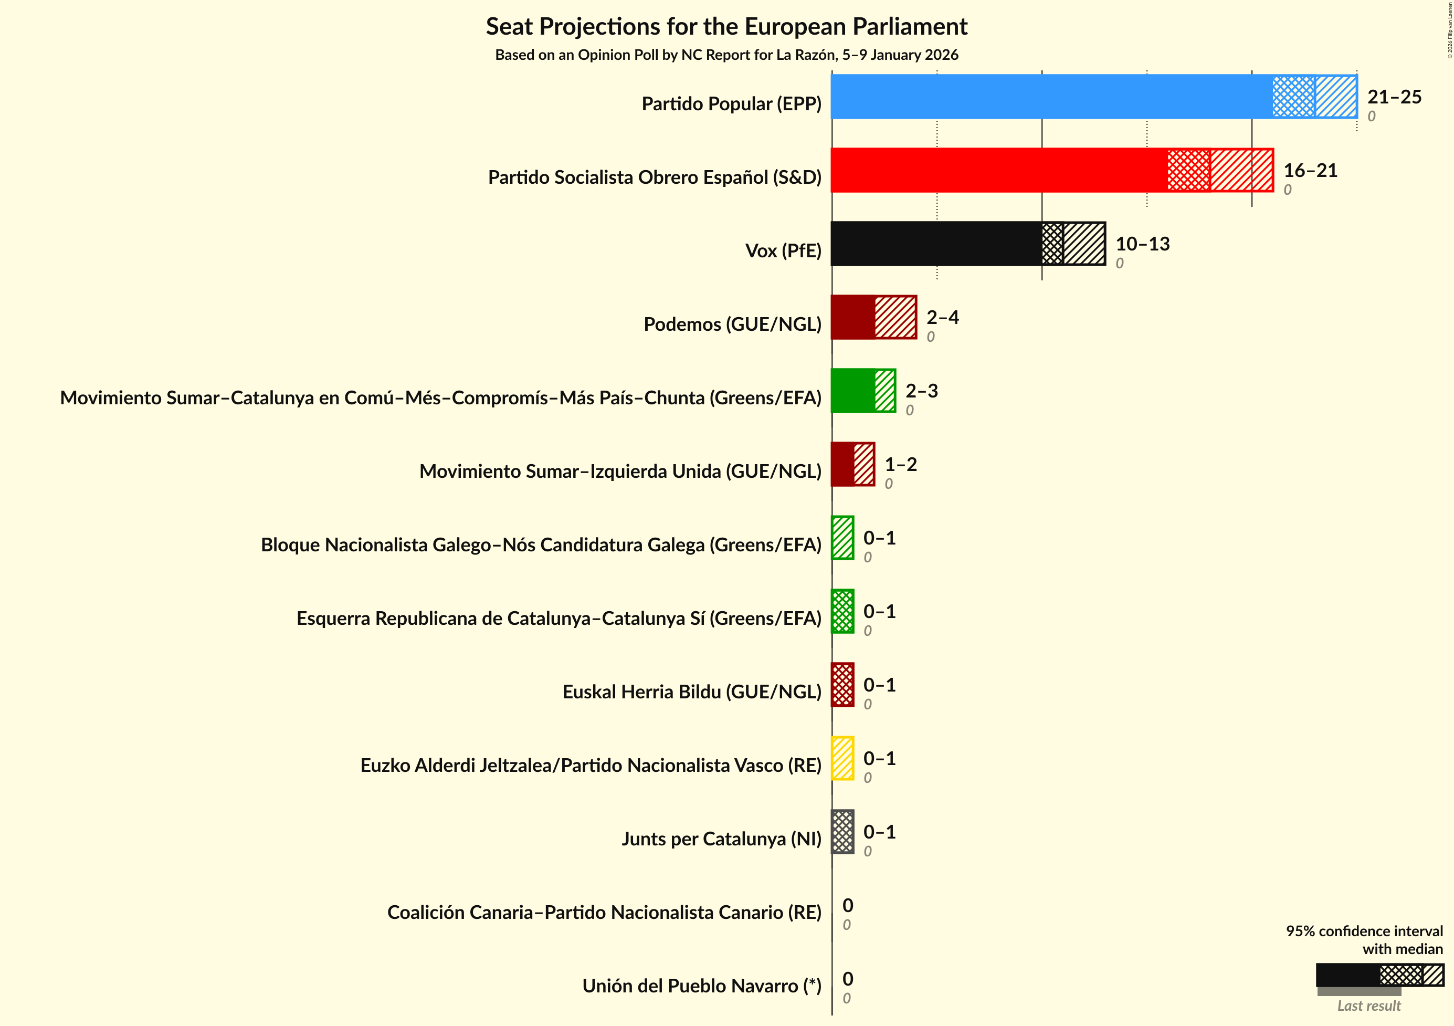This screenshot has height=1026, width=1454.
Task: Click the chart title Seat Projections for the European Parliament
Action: click(x=726, y=27)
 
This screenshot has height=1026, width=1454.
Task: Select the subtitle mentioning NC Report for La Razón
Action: click(x=726, y=55)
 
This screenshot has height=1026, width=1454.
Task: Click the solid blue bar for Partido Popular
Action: click(x=1051, y=96)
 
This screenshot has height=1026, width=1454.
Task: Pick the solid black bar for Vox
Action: click(x=936, y=243)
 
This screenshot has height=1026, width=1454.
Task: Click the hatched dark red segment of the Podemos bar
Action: click(x=895, y=317)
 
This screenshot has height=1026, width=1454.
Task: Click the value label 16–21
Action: click(x=1310, y=170)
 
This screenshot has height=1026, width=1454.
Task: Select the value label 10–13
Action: click(x=1142, y=244)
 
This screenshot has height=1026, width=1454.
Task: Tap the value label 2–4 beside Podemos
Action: click(x=942, y=317)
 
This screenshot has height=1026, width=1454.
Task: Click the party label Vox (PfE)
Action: click(x=783, y=251)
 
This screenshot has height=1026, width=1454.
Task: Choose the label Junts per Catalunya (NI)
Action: click(x=721, y=839)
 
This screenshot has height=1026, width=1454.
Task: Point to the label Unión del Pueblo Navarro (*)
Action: click(x=702, y=986)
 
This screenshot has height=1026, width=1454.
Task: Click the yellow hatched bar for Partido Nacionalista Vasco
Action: click(x=843, y=758)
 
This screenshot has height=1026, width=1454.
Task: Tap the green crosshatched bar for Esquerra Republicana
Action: click(x=843, y=611)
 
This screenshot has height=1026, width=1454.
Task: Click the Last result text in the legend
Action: click(x=1368, y=1006)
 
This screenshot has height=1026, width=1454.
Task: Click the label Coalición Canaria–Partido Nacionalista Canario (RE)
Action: click(x=604, y=912)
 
